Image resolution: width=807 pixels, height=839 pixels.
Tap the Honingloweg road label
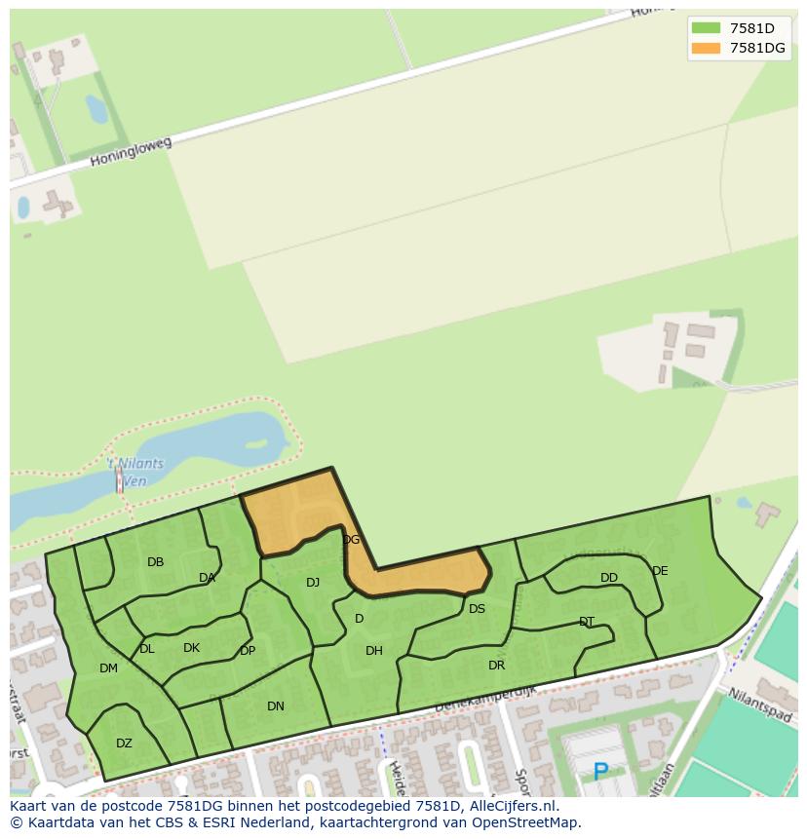click(x=131, y=151)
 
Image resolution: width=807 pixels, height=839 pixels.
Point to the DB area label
click(x=156, y=561)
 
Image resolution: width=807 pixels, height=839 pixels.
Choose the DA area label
click(x=207, y=578)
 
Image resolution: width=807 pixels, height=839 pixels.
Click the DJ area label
click(x=313, y=583)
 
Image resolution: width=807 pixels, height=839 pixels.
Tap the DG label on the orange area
click(x=351, y=540)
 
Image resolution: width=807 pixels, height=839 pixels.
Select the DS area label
click(x=477, y=609)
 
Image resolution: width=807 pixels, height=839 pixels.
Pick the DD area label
click(x=609, y=578)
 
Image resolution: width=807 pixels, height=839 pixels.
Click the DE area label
click(x=660, y=571)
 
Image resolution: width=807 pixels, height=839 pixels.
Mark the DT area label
click(x=586, y=622)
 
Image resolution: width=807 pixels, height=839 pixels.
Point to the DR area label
click(x=496, y=666)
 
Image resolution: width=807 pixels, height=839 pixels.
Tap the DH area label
click(x=374, y=651)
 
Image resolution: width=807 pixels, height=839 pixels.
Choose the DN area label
click(x=276, y=706)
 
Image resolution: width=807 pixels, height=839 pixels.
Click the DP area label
click(x=248, y=651)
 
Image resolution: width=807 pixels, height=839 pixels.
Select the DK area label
click(x=191, y=648)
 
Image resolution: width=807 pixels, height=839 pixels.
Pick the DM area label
click(x=108, y=667)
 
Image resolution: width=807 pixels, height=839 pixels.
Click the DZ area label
click(x=124, y=744)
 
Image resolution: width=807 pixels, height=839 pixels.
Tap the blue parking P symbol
click(x=600, y=773)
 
